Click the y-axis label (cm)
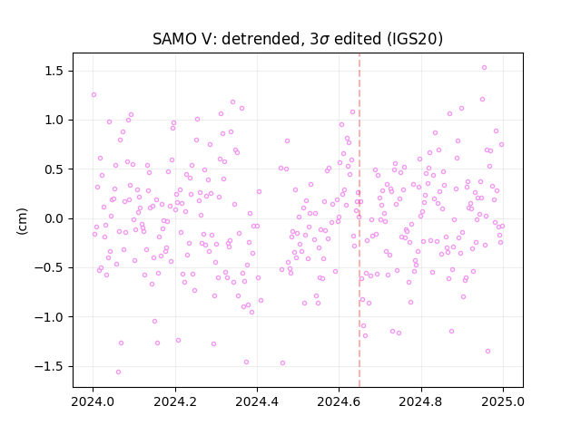pos(22,221)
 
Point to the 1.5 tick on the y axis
pos(55,71)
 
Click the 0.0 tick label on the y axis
pos(55,218)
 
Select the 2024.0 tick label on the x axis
pos(93,401)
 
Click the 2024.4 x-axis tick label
pos(257,401)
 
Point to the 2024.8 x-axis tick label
pos(421,401)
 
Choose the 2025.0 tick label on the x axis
pos(503,401)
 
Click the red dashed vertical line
pos(359,220)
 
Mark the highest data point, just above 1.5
pos(484,68)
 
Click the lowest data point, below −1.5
pos(118,372)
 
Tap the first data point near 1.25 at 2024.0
pos(94,94)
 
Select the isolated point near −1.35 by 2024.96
pos(487,351)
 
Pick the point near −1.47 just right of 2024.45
pos(282,362)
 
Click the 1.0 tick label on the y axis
pos(55,121)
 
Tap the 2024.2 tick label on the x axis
pos(175,401)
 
